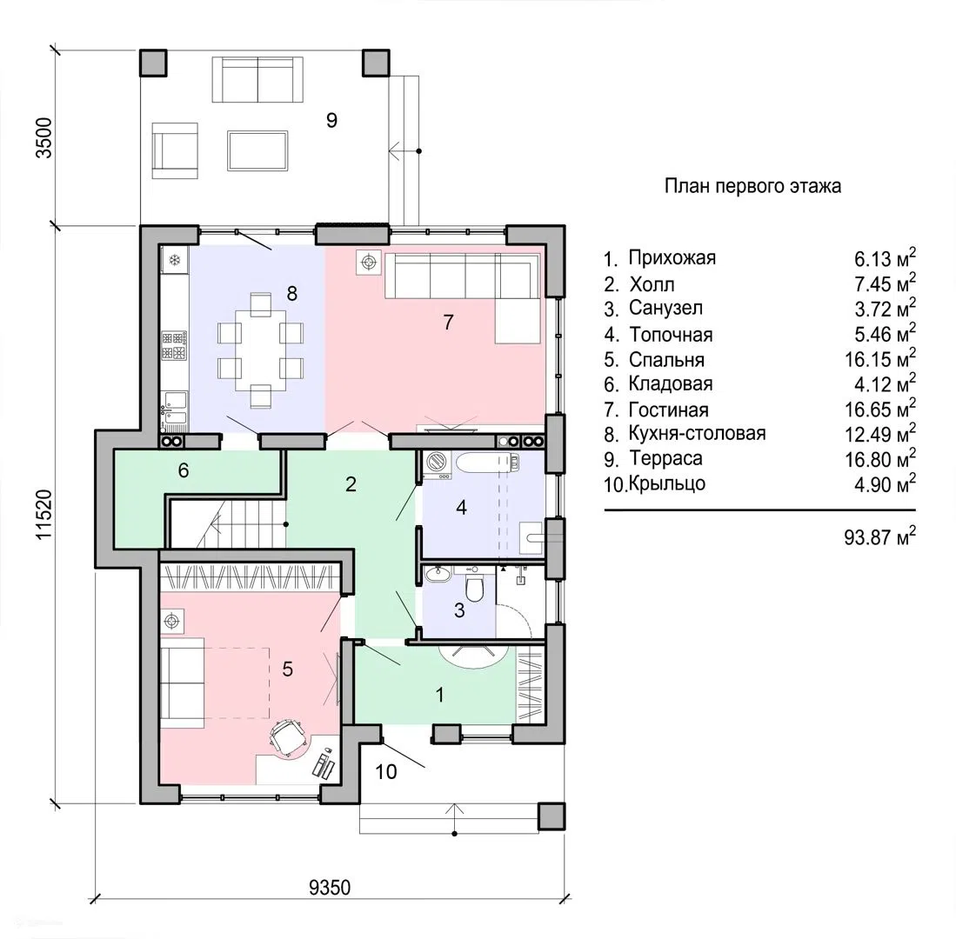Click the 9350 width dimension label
330,887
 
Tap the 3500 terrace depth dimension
44,137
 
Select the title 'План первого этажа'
752,186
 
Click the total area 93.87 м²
879,536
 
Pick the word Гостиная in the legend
668,410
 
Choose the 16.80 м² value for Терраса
879,459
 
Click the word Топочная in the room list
671,335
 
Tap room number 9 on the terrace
331,120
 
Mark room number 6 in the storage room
184,469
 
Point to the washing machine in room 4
437,464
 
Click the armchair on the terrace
174,150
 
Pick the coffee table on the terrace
257,150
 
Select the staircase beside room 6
226,523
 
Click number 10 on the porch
386,771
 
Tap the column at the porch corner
552,816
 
